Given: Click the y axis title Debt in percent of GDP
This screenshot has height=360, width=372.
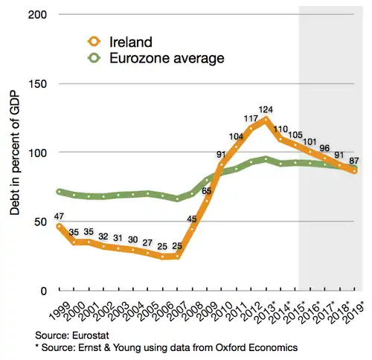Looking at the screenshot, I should point(14,152).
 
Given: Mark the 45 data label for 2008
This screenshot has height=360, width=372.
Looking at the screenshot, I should point(191,219).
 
